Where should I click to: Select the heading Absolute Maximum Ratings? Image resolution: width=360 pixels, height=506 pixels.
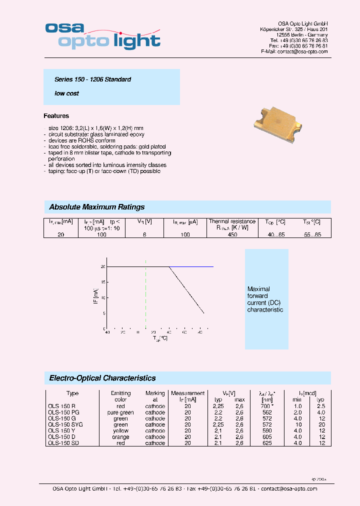pos(97,207)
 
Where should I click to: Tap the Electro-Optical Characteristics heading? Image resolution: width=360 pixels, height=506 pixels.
pos(102,378)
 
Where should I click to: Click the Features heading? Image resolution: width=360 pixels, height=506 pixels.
pos(56,116)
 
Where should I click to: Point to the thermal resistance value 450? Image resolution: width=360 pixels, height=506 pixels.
pos(232,234)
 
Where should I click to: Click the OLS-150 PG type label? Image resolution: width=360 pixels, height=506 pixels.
pos(61,412)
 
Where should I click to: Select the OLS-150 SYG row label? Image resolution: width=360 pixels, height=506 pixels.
pos(65,424)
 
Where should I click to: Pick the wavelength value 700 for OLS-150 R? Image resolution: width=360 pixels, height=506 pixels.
pos(266,406)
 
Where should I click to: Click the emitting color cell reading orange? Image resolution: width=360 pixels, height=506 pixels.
pos(120,437)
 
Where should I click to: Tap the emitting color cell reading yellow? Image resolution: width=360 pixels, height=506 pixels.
pos(120,431)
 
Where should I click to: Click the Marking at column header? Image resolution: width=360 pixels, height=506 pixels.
pos(155,396)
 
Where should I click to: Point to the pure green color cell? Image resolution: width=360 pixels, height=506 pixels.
pos(120,412)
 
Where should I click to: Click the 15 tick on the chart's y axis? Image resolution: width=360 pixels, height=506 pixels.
pos(103,282)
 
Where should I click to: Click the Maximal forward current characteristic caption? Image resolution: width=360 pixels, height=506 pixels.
pos(265,299)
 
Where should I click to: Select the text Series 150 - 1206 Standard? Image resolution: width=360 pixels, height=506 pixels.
pos(93,79)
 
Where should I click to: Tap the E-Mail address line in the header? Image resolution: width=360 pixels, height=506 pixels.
pos(294,51)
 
